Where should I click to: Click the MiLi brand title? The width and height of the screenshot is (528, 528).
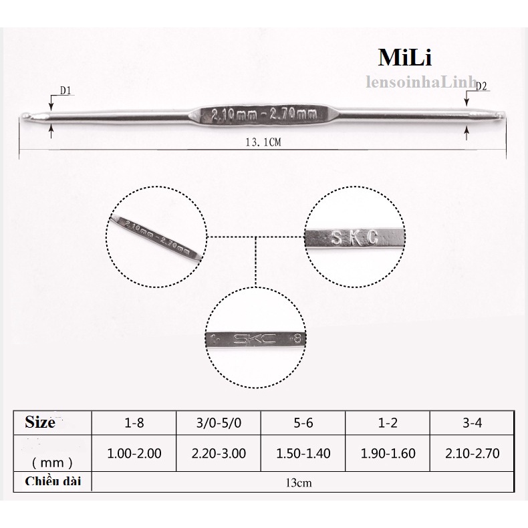click(405, 58)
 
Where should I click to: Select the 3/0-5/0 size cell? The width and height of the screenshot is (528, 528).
click(218, 423)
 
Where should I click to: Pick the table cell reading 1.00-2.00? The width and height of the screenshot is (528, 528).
click(134, 453)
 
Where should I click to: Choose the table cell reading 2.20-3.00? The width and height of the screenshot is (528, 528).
click(218, 453)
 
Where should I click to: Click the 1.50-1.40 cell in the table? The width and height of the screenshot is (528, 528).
click(303, 453)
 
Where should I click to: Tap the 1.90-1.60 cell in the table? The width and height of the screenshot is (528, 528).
click(388, 453)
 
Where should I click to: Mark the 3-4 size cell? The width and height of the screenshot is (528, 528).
click(472, 423)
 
